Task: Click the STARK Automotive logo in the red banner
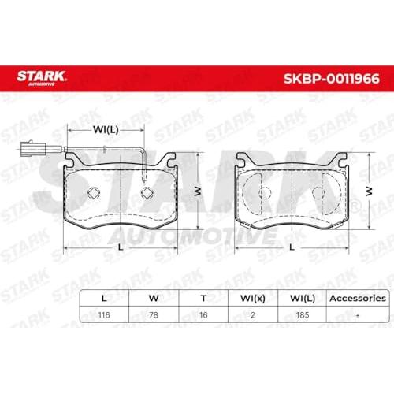tap(41, 78)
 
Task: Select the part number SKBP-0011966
tap(332, 79)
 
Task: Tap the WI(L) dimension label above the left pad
tap(106, 129)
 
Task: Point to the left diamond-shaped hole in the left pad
tap(94, 194)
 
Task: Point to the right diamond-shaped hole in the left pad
tap(147, 194)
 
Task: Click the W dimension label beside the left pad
tap(198, 191)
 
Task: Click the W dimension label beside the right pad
tap(369, 191)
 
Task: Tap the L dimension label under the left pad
tap(121, 247)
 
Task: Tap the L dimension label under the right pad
tap(292, 247)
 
